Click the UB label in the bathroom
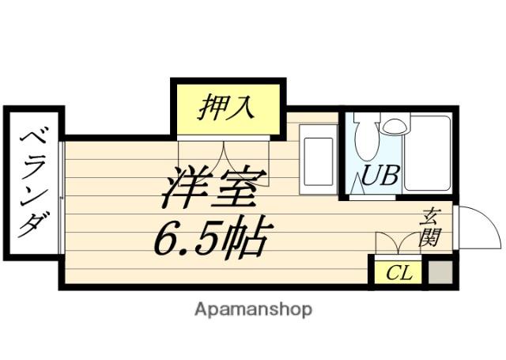point(379,176)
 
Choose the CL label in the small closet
point(399,274)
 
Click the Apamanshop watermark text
point(253,309)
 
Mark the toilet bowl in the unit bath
point(366,136)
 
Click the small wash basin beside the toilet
point(393,124)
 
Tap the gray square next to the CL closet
point(439,273)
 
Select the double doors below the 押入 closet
point(225,153)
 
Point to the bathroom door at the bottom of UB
point(374,196)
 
